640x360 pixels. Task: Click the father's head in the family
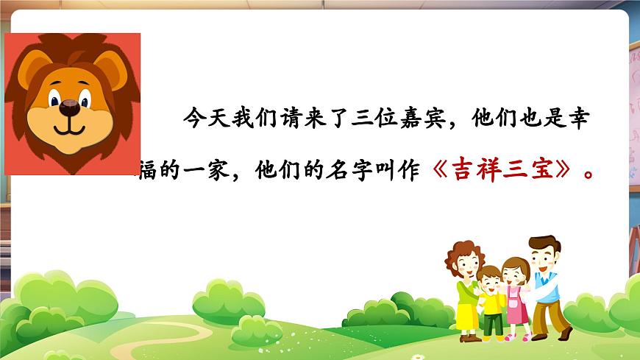(x=543, y=252)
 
